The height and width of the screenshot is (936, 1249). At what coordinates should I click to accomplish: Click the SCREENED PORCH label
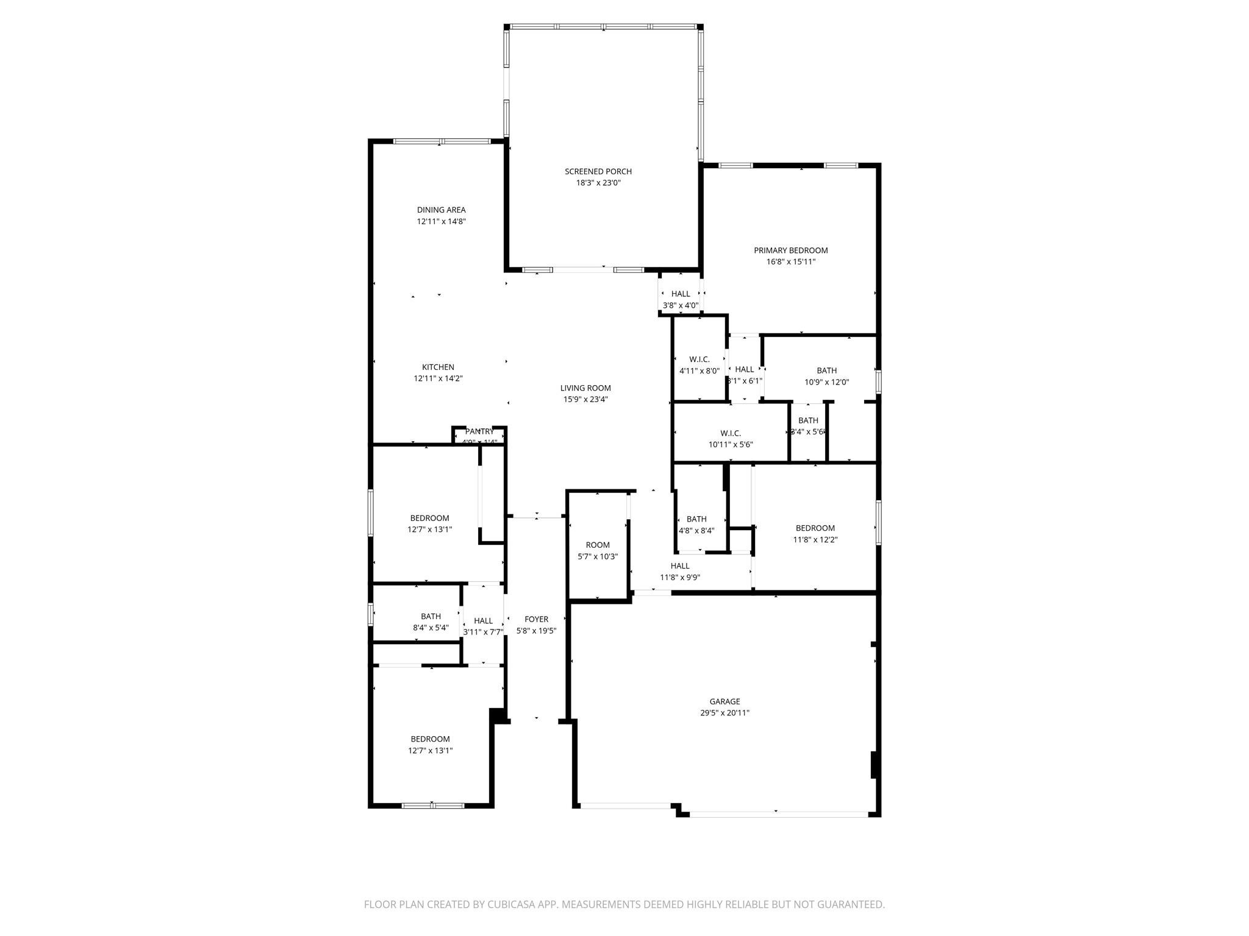click(598, 171)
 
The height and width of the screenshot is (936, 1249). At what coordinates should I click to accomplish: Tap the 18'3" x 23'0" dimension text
click(598, 183)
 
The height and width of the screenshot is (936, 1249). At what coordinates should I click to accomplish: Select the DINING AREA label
click(441, 210)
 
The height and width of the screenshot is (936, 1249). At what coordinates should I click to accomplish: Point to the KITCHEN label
click(438, 367)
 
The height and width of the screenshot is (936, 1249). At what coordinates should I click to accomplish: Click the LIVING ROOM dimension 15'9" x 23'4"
click(585, 400)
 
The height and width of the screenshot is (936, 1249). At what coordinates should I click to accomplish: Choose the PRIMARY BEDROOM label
click(790, 250)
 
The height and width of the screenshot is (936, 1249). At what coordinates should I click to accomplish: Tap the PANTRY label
click(479, 431)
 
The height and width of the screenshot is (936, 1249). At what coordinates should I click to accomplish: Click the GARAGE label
click(725, 701)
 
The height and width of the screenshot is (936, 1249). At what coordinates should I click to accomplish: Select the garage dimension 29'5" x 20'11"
click(725, 713)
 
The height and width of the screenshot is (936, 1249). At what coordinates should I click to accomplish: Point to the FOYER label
click(536, 619)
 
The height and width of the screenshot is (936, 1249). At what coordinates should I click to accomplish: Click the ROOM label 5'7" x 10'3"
click(598, 545)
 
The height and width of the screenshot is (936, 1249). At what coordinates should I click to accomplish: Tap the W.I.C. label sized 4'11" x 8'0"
click(699, 359)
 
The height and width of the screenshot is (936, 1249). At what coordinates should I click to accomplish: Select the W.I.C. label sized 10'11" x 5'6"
click(730, 433)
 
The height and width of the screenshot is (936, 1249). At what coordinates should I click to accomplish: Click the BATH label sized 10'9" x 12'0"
click(826, 370)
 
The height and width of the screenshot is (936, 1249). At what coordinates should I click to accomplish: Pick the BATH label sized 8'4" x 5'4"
click(431, 616)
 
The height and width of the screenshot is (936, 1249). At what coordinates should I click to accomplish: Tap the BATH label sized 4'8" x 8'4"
click(696, 519)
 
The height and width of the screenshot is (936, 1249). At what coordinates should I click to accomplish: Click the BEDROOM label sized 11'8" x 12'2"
click(815, 528)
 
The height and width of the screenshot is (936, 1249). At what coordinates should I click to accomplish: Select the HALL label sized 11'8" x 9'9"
click(679, 566)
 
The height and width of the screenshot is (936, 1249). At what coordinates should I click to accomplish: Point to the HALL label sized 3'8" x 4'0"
click(681, 294)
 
